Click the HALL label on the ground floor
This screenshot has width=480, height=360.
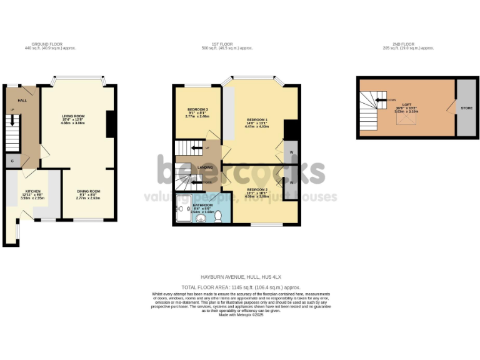[x=22, y=100]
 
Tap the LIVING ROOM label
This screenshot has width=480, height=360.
[x=73, y=116]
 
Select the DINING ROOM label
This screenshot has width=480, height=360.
[x=88, y=191]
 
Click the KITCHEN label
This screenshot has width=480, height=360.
[x=32, y=191]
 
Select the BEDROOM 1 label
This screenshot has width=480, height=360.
[x=257, y=119]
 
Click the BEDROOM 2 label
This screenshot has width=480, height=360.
[x=257, y=189]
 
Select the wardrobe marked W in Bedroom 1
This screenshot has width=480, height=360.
[x=291, y=153]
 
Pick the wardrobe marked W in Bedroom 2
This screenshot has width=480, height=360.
[x=291, y=182]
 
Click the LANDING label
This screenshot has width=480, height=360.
[x=204, y=167]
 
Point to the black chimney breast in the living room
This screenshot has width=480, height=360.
[x=110, y=124]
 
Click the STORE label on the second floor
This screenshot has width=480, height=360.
[x=466, y=107]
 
